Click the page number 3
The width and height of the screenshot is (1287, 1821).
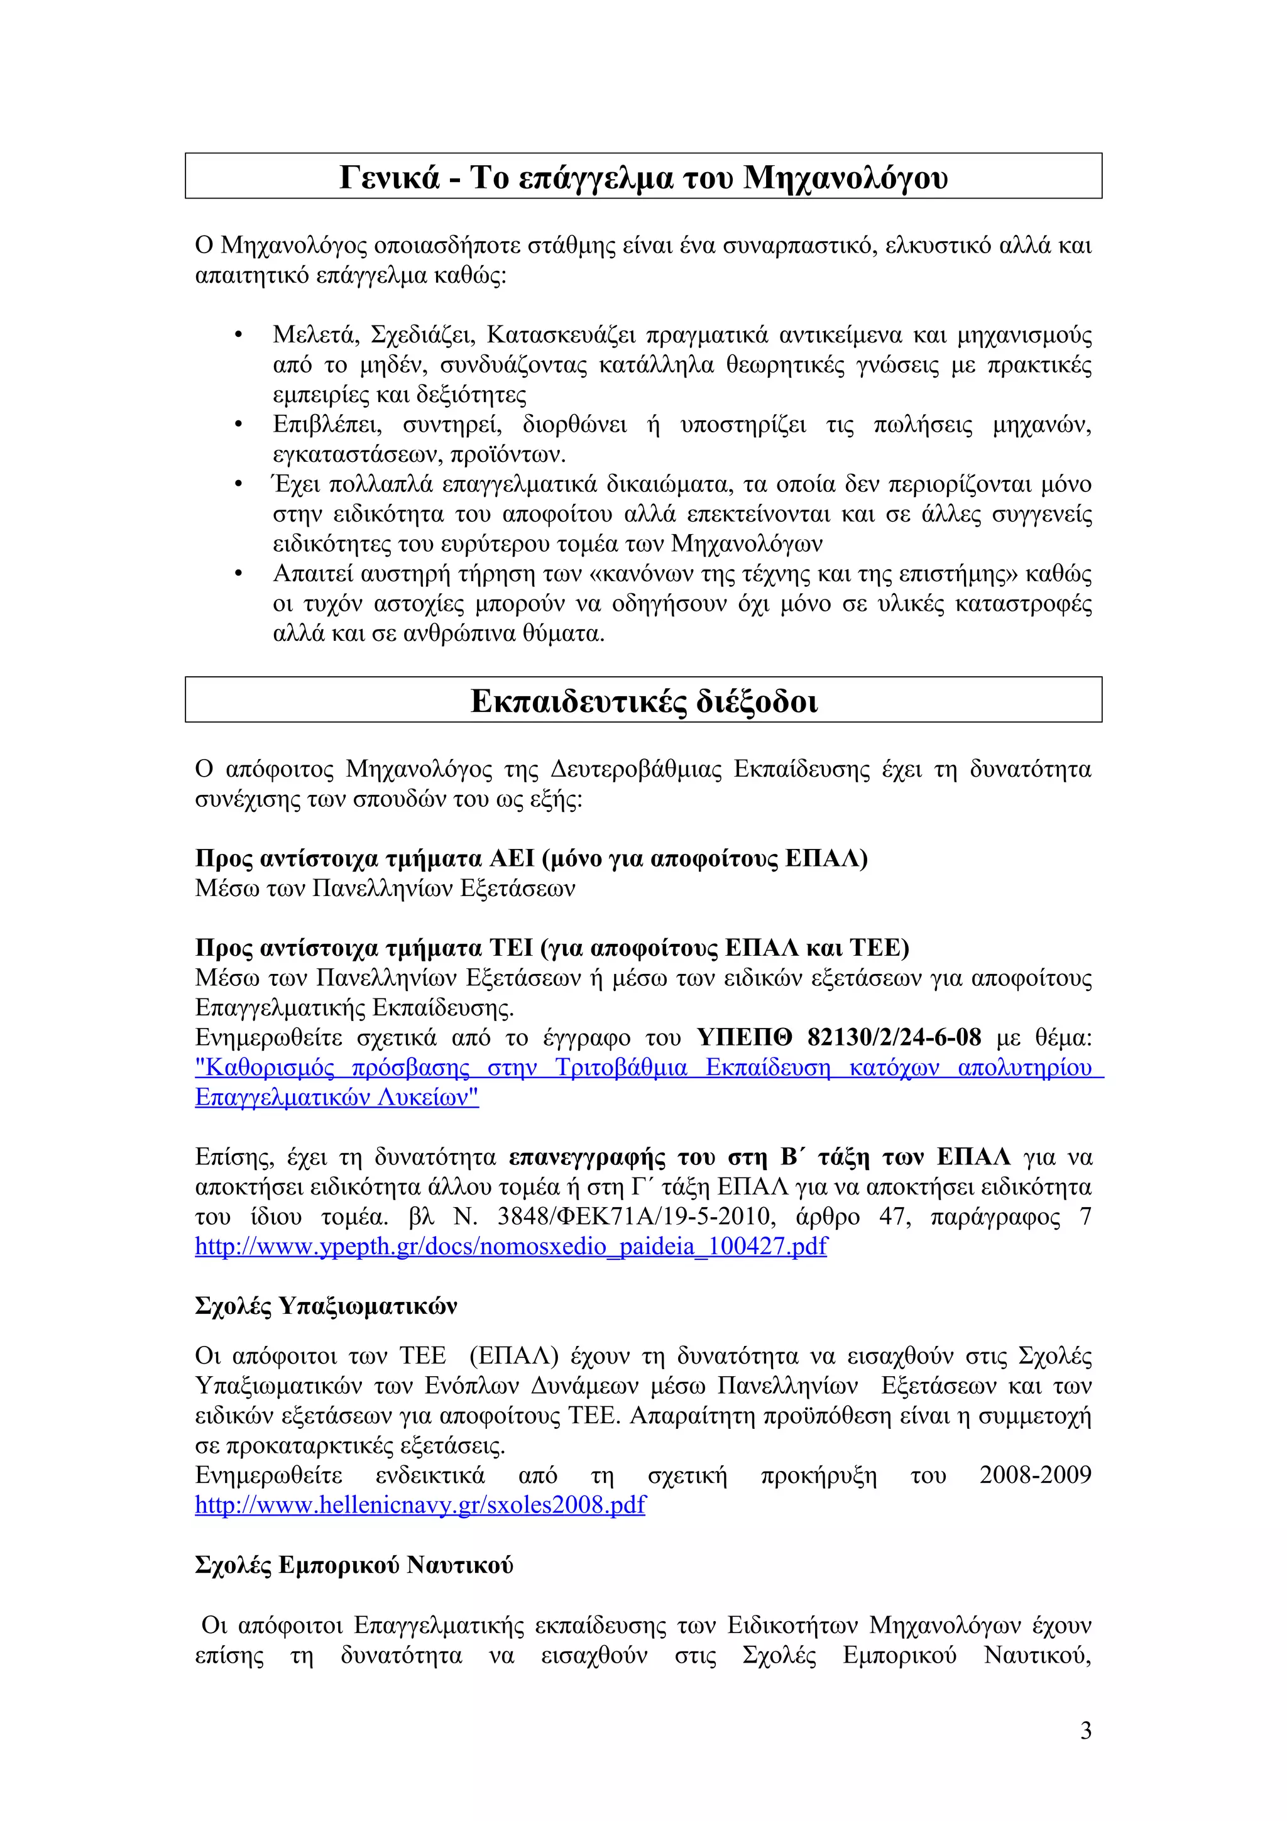(1085, 1730)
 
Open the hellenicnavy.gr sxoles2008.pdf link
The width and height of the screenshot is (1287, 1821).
(420, 1504)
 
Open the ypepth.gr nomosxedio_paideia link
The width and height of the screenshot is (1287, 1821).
(511, 1246)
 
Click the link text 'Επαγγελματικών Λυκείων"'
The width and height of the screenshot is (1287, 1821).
(337, 1098)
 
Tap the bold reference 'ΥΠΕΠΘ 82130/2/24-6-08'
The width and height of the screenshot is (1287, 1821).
(838, 1037)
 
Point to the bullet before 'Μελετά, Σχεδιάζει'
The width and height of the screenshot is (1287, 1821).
(238, 336)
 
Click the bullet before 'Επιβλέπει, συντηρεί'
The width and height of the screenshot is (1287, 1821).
(238, 426)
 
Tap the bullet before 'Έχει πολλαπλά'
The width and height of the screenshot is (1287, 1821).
(238, 484)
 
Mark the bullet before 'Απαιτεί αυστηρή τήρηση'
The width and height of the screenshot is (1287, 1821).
(238, 574)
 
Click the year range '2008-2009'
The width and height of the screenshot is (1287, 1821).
(1035, 1474)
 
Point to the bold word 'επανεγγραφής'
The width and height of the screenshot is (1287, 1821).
(587, 1157)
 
